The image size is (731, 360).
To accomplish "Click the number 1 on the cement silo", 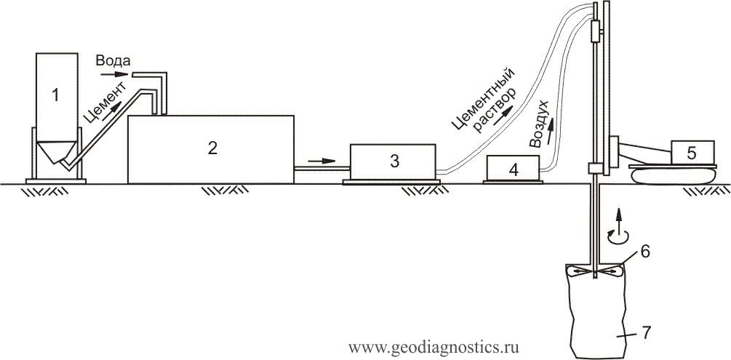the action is [55, 95].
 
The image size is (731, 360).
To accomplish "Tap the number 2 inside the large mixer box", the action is [212, 148].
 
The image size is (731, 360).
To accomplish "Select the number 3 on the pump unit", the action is [395, 161].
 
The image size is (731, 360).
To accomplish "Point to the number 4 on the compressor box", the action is [514, 169].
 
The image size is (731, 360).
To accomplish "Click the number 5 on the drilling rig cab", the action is [692, 153].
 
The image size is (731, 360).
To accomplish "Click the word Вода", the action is [111, 61].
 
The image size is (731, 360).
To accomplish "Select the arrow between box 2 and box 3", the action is [321, 161].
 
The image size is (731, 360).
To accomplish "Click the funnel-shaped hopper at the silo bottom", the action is [57, 151].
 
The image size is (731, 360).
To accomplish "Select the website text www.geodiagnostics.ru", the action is [434, 348].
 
